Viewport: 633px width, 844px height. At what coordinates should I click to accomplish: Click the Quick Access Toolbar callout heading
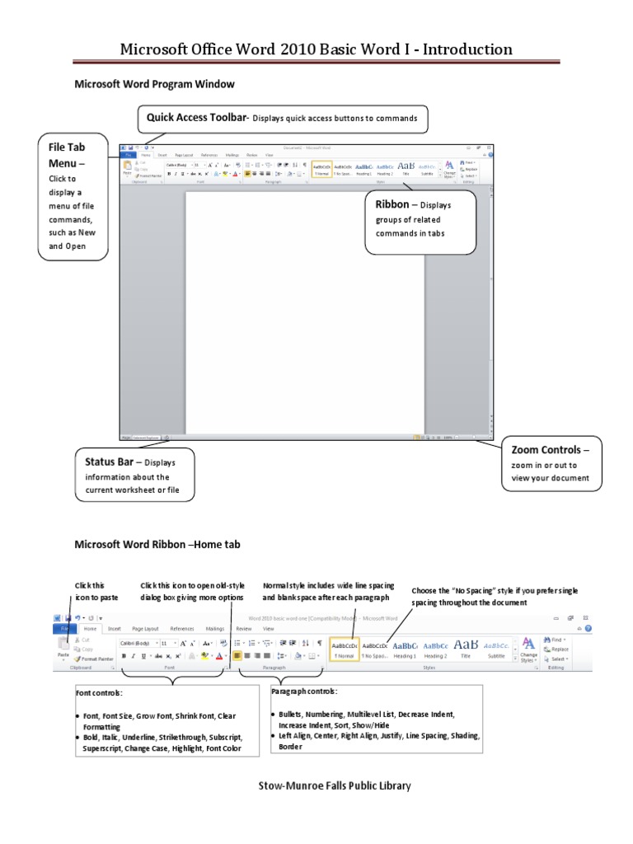pos(196,117)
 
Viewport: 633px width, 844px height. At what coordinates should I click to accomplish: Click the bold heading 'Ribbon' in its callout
pos(392,204)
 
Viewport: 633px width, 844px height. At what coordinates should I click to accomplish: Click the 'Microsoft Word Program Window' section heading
pos(154,84)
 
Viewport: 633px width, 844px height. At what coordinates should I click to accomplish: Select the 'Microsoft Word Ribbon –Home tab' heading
pos(157,544)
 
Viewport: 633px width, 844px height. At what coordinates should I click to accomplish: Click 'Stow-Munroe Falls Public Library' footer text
pos(334,785)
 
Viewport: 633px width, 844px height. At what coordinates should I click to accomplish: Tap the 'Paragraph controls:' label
pos(303,691)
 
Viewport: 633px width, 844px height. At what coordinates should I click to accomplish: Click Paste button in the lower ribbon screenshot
pos(63,649)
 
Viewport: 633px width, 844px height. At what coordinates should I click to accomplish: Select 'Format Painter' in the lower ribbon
pos(94,659)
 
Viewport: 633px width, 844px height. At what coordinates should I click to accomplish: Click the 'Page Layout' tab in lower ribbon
pos(145,628)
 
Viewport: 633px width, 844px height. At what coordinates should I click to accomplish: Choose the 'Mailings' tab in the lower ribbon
pos(214,628)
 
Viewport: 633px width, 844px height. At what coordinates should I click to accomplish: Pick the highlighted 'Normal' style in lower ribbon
pos(344,649)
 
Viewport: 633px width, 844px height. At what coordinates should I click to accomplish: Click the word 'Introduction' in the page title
pos(462,49)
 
